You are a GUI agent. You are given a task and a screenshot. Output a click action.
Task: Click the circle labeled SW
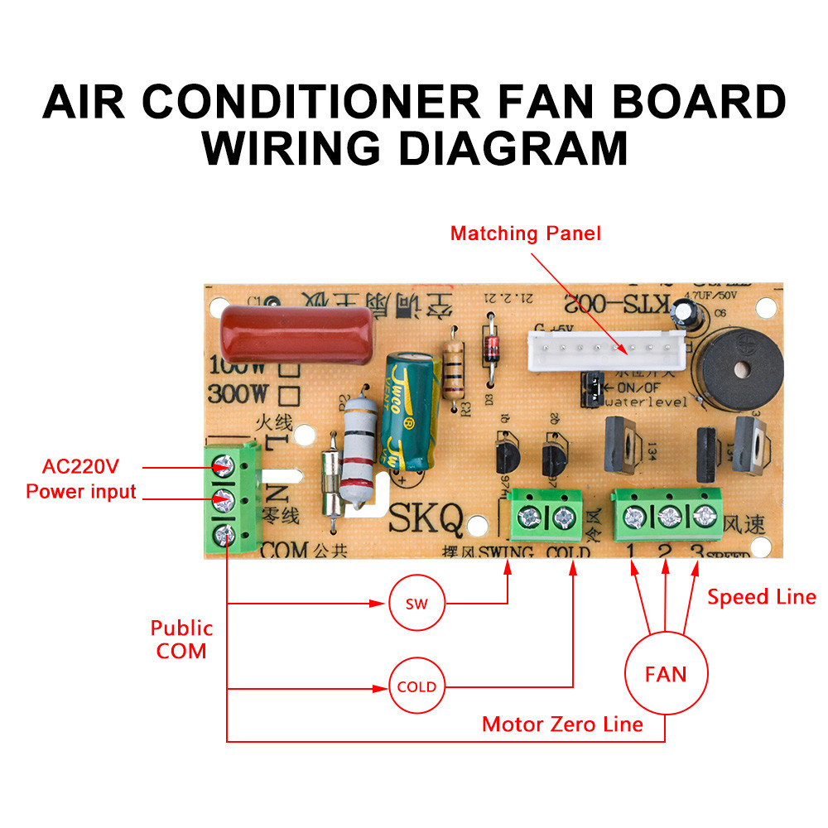(x=417, y=604)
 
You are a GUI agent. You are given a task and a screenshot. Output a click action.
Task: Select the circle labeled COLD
(x=416, y=686)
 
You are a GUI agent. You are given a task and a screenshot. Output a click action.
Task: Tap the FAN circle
(x=666, y=674)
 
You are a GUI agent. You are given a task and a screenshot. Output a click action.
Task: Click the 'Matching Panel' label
(x=525, y=233)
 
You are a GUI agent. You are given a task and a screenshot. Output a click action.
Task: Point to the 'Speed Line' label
(x=761, y=597)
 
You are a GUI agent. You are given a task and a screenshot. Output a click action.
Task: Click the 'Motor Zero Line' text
(x=562, y=724)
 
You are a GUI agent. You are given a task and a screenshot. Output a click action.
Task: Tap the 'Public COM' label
(x=181, y=639)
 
